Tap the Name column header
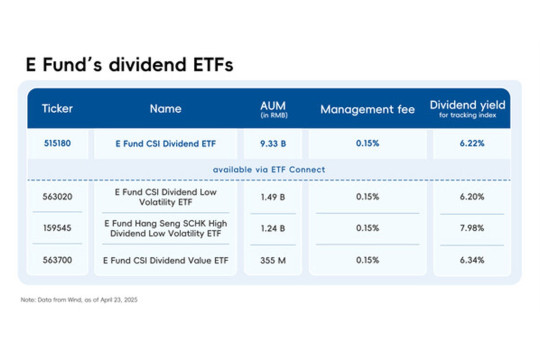pos(165,108)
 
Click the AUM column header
pos(273,108)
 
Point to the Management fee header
pos(367,108)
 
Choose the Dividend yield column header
pos(468,108)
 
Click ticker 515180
pos(58,143)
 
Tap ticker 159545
pos(58,228)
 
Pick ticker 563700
pos(58,259)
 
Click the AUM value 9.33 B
pos(273,143)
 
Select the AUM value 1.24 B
pos(273,228)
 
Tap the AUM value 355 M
pos(273,259)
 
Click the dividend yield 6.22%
pos(468,143)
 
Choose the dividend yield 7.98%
pos(468,228)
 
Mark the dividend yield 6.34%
pos(468,259)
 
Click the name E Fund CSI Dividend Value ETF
pos(165,259)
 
